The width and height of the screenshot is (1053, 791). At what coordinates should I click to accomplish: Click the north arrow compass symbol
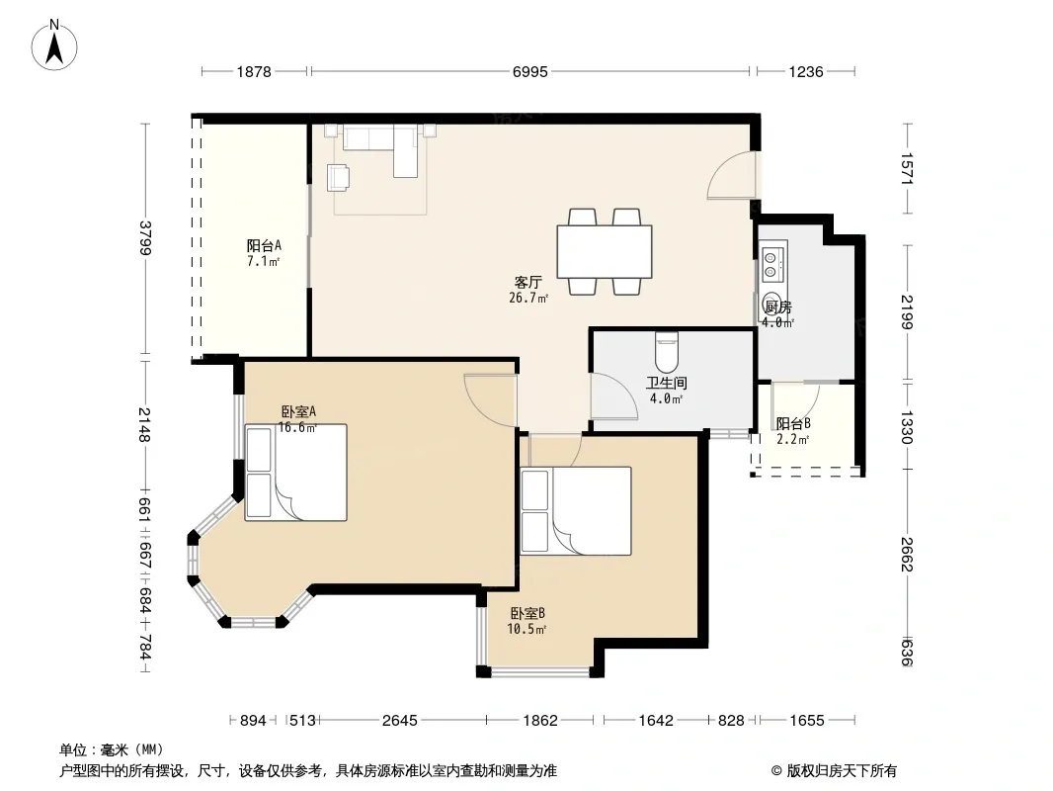(54, 45)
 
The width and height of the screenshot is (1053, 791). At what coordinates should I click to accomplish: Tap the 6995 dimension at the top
(529, 71)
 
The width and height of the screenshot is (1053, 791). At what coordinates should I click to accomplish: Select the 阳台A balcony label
(263, 245)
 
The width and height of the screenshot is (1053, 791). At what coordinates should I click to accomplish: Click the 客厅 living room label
(527, 282)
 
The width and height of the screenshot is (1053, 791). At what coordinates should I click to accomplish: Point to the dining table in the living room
(605, 251)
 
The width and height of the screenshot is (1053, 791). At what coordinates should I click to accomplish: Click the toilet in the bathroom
(667, 352)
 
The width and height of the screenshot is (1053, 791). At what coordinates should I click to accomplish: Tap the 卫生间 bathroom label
(666, 383)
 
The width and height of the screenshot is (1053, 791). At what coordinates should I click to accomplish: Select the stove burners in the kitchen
(770, 264)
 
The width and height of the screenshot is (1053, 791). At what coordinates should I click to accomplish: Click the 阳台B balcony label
(793, 423)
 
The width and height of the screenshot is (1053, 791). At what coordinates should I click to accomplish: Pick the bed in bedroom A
(295, 473)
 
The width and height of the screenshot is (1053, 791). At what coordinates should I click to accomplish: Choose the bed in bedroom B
(576, 511)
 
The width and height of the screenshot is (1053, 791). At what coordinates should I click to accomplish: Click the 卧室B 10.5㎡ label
(526, 621)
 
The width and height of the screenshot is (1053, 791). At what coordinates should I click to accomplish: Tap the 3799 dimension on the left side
(144, 238)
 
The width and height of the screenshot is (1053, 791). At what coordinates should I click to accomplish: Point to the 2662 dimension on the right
(907, 554)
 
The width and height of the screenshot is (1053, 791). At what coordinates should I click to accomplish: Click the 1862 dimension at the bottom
(540, 721)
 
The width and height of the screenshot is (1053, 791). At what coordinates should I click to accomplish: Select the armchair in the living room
(339, 177)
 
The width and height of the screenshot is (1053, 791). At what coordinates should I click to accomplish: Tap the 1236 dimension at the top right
(806, 71)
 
